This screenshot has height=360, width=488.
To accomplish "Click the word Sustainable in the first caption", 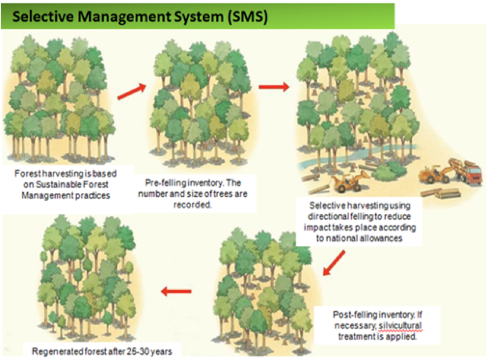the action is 56,185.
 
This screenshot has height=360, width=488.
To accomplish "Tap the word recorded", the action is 192,205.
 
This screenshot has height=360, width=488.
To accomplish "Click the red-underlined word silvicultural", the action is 400,326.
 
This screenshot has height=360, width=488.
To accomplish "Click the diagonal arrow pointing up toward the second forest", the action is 132,92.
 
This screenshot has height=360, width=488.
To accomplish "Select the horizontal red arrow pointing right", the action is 274,87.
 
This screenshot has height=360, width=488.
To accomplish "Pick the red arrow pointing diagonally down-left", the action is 333,263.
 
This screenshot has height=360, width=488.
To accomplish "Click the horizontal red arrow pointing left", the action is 176,291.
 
